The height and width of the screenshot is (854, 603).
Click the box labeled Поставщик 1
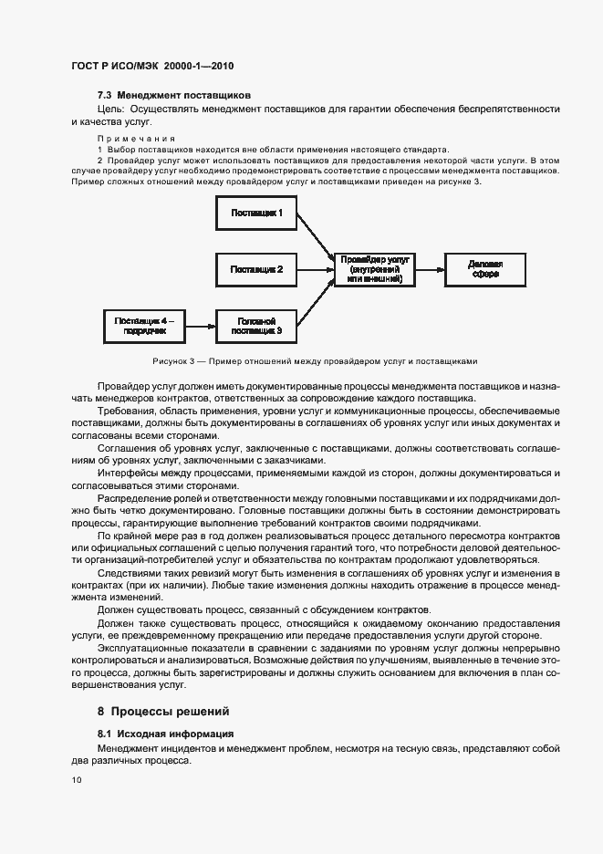(256, 214)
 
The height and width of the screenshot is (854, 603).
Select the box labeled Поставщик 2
(256, 269)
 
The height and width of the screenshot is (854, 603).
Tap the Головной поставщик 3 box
(256, 324)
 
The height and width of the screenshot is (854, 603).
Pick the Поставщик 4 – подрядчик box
(147, 324)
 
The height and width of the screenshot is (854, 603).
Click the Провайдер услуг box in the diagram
(374, 269)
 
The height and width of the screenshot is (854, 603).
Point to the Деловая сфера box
(484, 269)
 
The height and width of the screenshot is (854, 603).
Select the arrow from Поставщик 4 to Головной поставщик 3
(201, 324)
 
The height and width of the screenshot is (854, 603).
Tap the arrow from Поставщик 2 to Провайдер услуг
(315, 269)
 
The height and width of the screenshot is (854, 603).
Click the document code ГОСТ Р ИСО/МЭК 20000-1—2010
(147, 67)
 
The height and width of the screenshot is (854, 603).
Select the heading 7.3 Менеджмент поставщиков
(173, 95)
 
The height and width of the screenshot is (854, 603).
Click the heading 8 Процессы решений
(164, 712)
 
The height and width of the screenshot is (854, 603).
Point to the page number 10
(76, 780)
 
